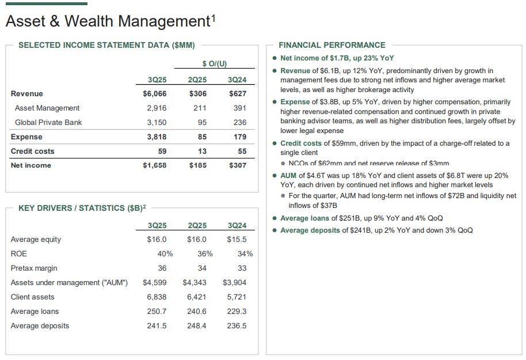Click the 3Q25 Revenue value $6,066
tap(155, 93)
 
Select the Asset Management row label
tap(47, 108)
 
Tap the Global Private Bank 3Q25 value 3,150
tap(157, 122)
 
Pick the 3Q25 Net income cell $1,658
tap(155, 165)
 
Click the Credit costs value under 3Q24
tap(242, 151)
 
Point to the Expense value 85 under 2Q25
tap(202, 137)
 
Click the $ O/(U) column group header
tap(214, 63)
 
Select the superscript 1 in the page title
tap(213, 18)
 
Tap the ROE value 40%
tap(165, 253)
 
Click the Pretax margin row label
tap(34, 268)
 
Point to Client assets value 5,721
tap(237, 297)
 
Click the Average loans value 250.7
tap(157, 311)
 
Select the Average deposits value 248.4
tap(197, 325)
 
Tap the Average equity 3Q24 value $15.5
tap(237, 239)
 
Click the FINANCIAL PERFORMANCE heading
tap(332, 45)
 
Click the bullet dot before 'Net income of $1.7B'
tap(275, 58)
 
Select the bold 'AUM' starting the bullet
tap(289, 176)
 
